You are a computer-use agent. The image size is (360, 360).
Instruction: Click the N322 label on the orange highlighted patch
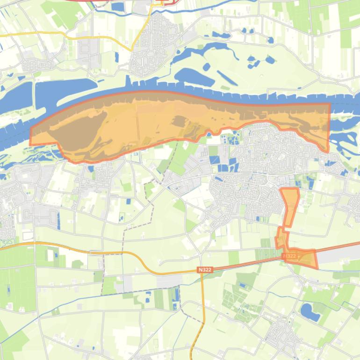(290, 256)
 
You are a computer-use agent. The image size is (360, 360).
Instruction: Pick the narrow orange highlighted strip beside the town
(290, 206)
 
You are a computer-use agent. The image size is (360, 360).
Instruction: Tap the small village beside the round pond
(283, 334)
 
